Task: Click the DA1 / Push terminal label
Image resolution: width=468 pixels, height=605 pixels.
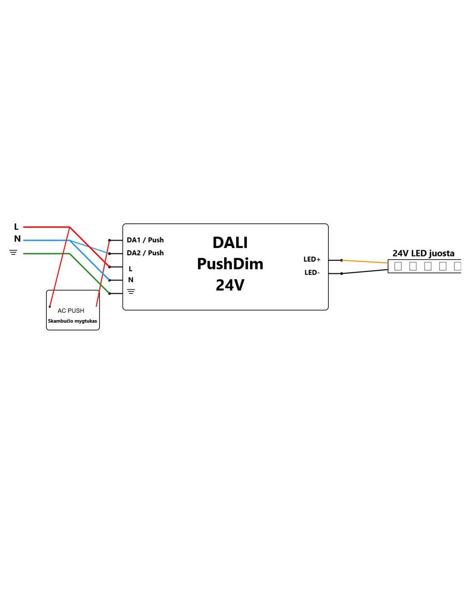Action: coord(145,240)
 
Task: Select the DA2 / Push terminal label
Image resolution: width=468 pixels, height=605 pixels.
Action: coord(145,253)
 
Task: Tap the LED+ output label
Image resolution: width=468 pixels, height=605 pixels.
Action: coord(312,259)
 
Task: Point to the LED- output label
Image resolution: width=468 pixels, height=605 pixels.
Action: coord(312,272)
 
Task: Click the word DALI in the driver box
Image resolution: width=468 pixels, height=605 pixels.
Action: coord(230,243)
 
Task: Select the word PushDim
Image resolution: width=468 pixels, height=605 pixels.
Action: coord(230,264)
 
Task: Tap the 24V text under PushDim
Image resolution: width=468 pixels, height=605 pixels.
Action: coord(230,285)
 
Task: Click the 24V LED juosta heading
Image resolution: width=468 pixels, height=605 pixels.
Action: coord(423,253)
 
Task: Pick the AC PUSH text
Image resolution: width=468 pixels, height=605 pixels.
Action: coord(71,311)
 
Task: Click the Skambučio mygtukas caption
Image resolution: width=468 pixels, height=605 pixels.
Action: coord(72,321)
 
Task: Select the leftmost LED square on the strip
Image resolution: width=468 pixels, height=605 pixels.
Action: coord(398,266)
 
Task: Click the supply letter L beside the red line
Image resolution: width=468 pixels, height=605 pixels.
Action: coord(16,227)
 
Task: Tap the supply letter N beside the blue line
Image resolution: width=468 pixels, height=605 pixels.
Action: coord(17,239)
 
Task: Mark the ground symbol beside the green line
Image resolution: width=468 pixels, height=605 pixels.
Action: coord(14,252)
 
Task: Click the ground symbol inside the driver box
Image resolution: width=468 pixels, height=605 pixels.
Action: coord(131,291)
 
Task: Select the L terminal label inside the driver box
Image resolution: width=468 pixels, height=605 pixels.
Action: coord(130,269)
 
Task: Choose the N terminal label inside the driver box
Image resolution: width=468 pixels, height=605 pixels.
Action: coord(131,280)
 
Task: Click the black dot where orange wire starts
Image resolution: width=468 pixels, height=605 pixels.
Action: coord(342,260)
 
